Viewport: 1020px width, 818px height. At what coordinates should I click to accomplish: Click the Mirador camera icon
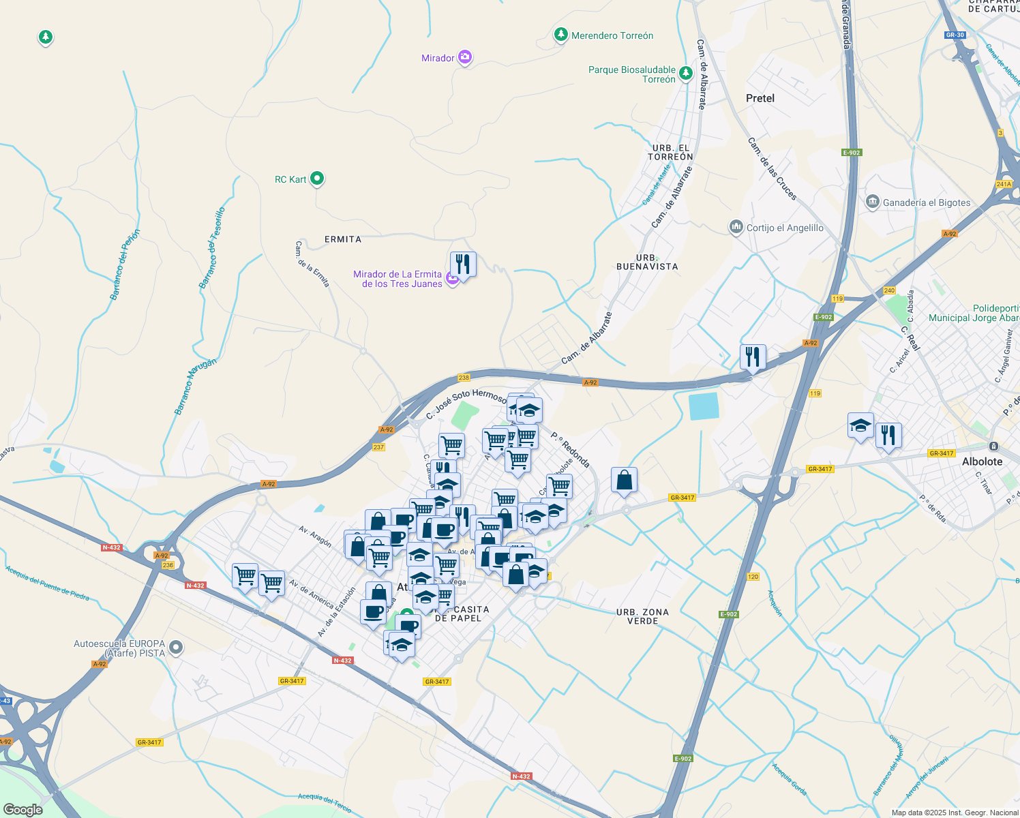[465, 57]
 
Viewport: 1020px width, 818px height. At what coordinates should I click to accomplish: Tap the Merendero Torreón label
[612, 35]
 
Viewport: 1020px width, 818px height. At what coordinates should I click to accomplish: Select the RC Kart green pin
[317, 179]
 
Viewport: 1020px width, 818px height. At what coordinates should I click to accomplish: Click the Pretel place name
[760, 98]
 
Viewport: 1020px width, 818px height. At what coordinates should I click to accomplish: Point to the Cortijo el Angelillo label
[784, 228]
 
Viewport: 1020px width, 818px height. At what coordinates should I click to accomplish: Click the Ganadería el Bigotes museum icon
[872, 202]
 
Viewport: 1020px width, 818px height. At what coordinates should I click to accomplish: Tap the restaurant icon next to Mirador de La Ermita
[463, 264]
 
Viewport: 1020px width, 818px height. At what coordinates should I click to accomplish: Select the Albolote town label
[982, 461]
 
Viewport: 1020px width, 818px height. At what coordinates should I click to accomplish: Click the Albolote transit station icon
[994, 446]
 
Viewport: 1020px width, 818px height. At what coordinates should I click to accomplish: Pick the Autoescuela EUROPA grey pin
[176, 648]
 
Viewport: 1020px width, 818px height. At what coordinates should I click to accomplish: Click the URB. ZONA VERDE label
[642, 616]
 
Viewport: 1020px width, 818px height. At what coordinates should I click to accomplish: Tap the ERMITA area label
[343, 239]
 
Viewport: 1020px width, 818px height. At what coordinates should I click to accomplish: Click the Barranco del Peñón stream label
[125, 264]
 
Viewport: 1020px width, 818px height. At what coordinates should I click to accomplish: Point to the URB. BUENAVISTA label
[647, 262]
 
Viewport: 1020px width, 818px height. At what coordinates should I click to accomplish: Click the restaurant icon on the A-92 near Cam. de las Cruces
[753, 357]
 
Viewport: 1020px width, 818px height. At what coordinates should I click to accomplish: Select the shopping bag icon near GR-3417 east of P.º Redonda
[624, 481]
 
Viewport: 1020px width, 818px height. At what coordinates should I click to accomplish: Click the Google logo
[23, 809]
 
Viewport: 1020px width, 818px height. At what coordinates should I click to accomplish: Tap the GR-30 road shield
[955, 35]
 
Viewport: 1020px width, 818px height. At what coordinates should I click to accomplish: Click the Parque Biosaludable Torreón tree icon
[686, 73]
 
